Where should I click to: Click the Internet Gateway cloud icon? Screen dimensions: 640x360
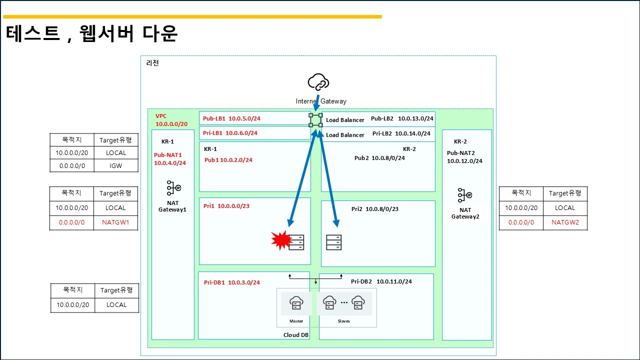coord(318,82)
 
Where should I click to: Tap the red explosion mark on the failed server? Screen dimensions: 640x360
coord(281,240)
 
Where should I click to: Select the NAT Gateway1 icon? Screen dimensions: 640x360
coord(173,187)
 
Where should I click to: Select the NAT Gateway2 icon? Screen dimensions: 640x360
coord(464,195)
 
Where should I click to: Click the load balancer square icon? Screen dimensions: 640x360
coord(315,120)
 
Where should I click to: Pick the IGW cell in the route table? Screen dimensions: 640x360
coord(115,165)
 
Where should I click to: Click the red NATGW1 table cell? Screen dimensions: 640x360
coord(115,222)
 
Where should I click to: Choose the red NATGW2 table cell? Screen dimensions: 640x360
coord(565,222)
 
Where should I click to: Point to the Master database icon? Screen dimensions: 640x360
coord(296,303)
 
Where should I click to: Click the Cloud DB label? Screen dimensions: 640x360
coord(295,335)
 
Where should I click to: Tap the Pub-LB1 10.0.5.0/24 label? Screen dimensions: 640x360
coord(231,118)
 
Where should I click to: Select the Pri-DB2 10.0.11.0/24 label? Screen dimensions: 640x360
coord(381,281)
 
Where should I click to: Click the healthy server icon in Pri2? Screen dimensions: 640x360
coord(333,242)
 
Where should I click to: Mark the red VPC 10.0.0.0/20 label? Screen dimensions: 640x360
coord(171,120)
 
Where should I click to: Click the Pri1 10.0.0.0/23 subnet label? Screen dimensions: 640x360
coord(226,206)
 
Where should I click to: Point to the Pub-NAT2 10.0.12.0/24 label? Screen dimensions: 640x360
coord(464,157)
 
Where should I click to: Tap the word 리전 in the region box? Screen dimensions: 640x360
coord(152,63)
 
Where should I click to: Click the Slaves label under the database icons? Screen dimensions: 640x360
coord(343,321)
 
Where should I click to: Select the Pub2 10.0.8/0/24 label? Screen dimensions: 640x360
coord(379,158)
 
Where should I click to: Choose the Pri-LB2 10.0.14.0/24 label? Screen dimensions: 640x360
coord(401,133)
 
